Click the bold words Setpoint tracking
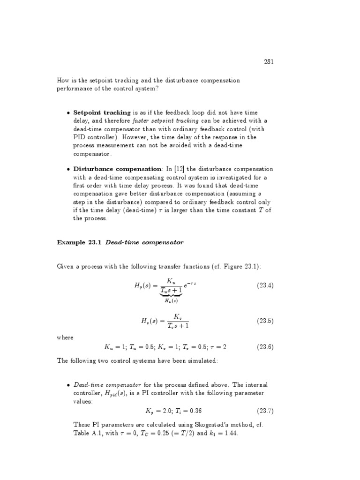click(102, 112)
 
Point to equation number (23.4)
click(265, 285)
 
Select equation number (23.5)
click(265, 321)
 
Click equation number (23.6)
click(265, 347)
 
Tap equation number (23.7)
click(265, 411)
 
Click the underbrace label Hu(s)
click(171, 300)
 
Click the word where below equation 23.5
click(65, 337)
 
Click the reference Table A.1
click(86, 434)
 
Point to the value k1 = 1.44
click(221, 434)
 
